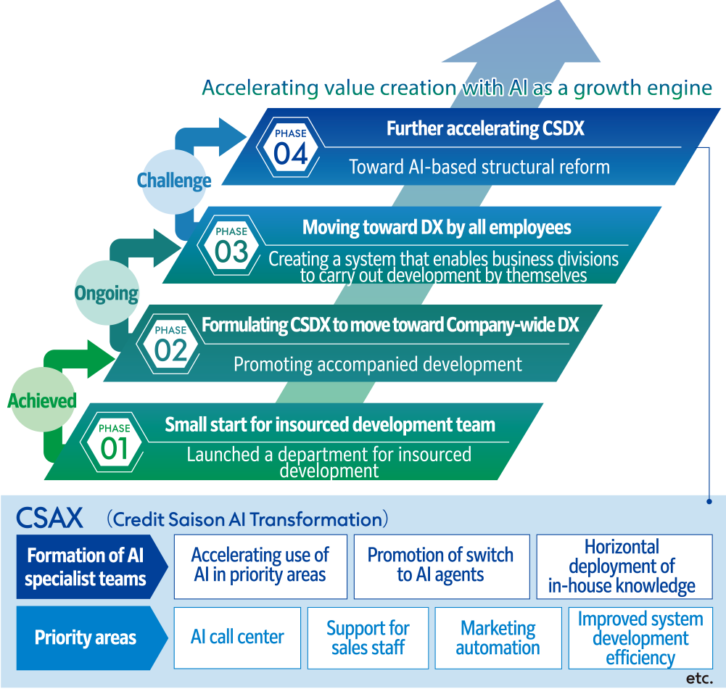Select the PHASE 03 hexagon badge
tap(231, 245)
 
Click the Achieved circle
tap(42, 400)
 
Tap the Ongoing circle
tap(107, 293)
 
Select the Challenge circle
tap(174, 180)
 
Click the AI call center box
tap(237, 638)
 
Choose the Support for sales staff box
tap(368, 638)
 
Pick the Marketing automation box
tap(498, 638)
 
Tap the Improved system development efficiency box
tap(640, 638)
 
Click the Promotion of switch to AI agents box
tap(440, 566)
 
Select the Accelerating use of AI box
tap(260, 566)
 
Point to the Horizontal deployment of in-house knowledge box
tap(624, 566)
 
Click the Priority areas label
tap(86, 638)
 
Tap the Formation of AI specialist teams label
tap(86, 567)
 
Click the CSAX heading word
tap(49, 519)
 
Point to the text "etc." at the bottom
tap(699, 679)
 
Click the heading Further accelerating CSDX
tap(485, 129)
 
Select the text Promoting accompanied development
tap(377, 364)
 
